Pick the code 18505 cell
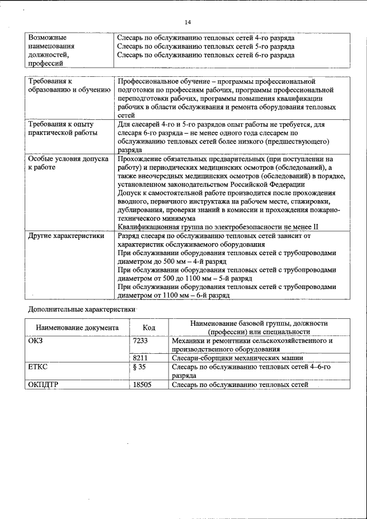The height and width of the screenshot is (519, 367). [x=142, y=385]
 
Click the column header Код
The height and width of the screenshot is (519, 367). [x=149, y=327]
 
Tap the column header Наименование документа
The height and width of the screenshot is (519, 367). [x=77, y=327]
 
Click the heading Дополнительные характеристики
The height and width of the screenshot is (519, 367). [x=81, y=310]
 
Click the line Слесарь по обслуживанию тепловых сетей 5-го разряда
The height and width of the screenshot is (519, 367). [x=205, y=46]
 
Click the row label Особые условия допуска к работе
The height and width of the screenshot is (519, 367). [x=68, y=163]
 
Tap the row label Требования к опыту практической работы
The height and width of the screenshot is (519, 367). [x=61, y=128]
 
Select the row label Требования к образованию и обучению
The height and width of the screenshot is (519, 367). [x=68, y=86]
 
